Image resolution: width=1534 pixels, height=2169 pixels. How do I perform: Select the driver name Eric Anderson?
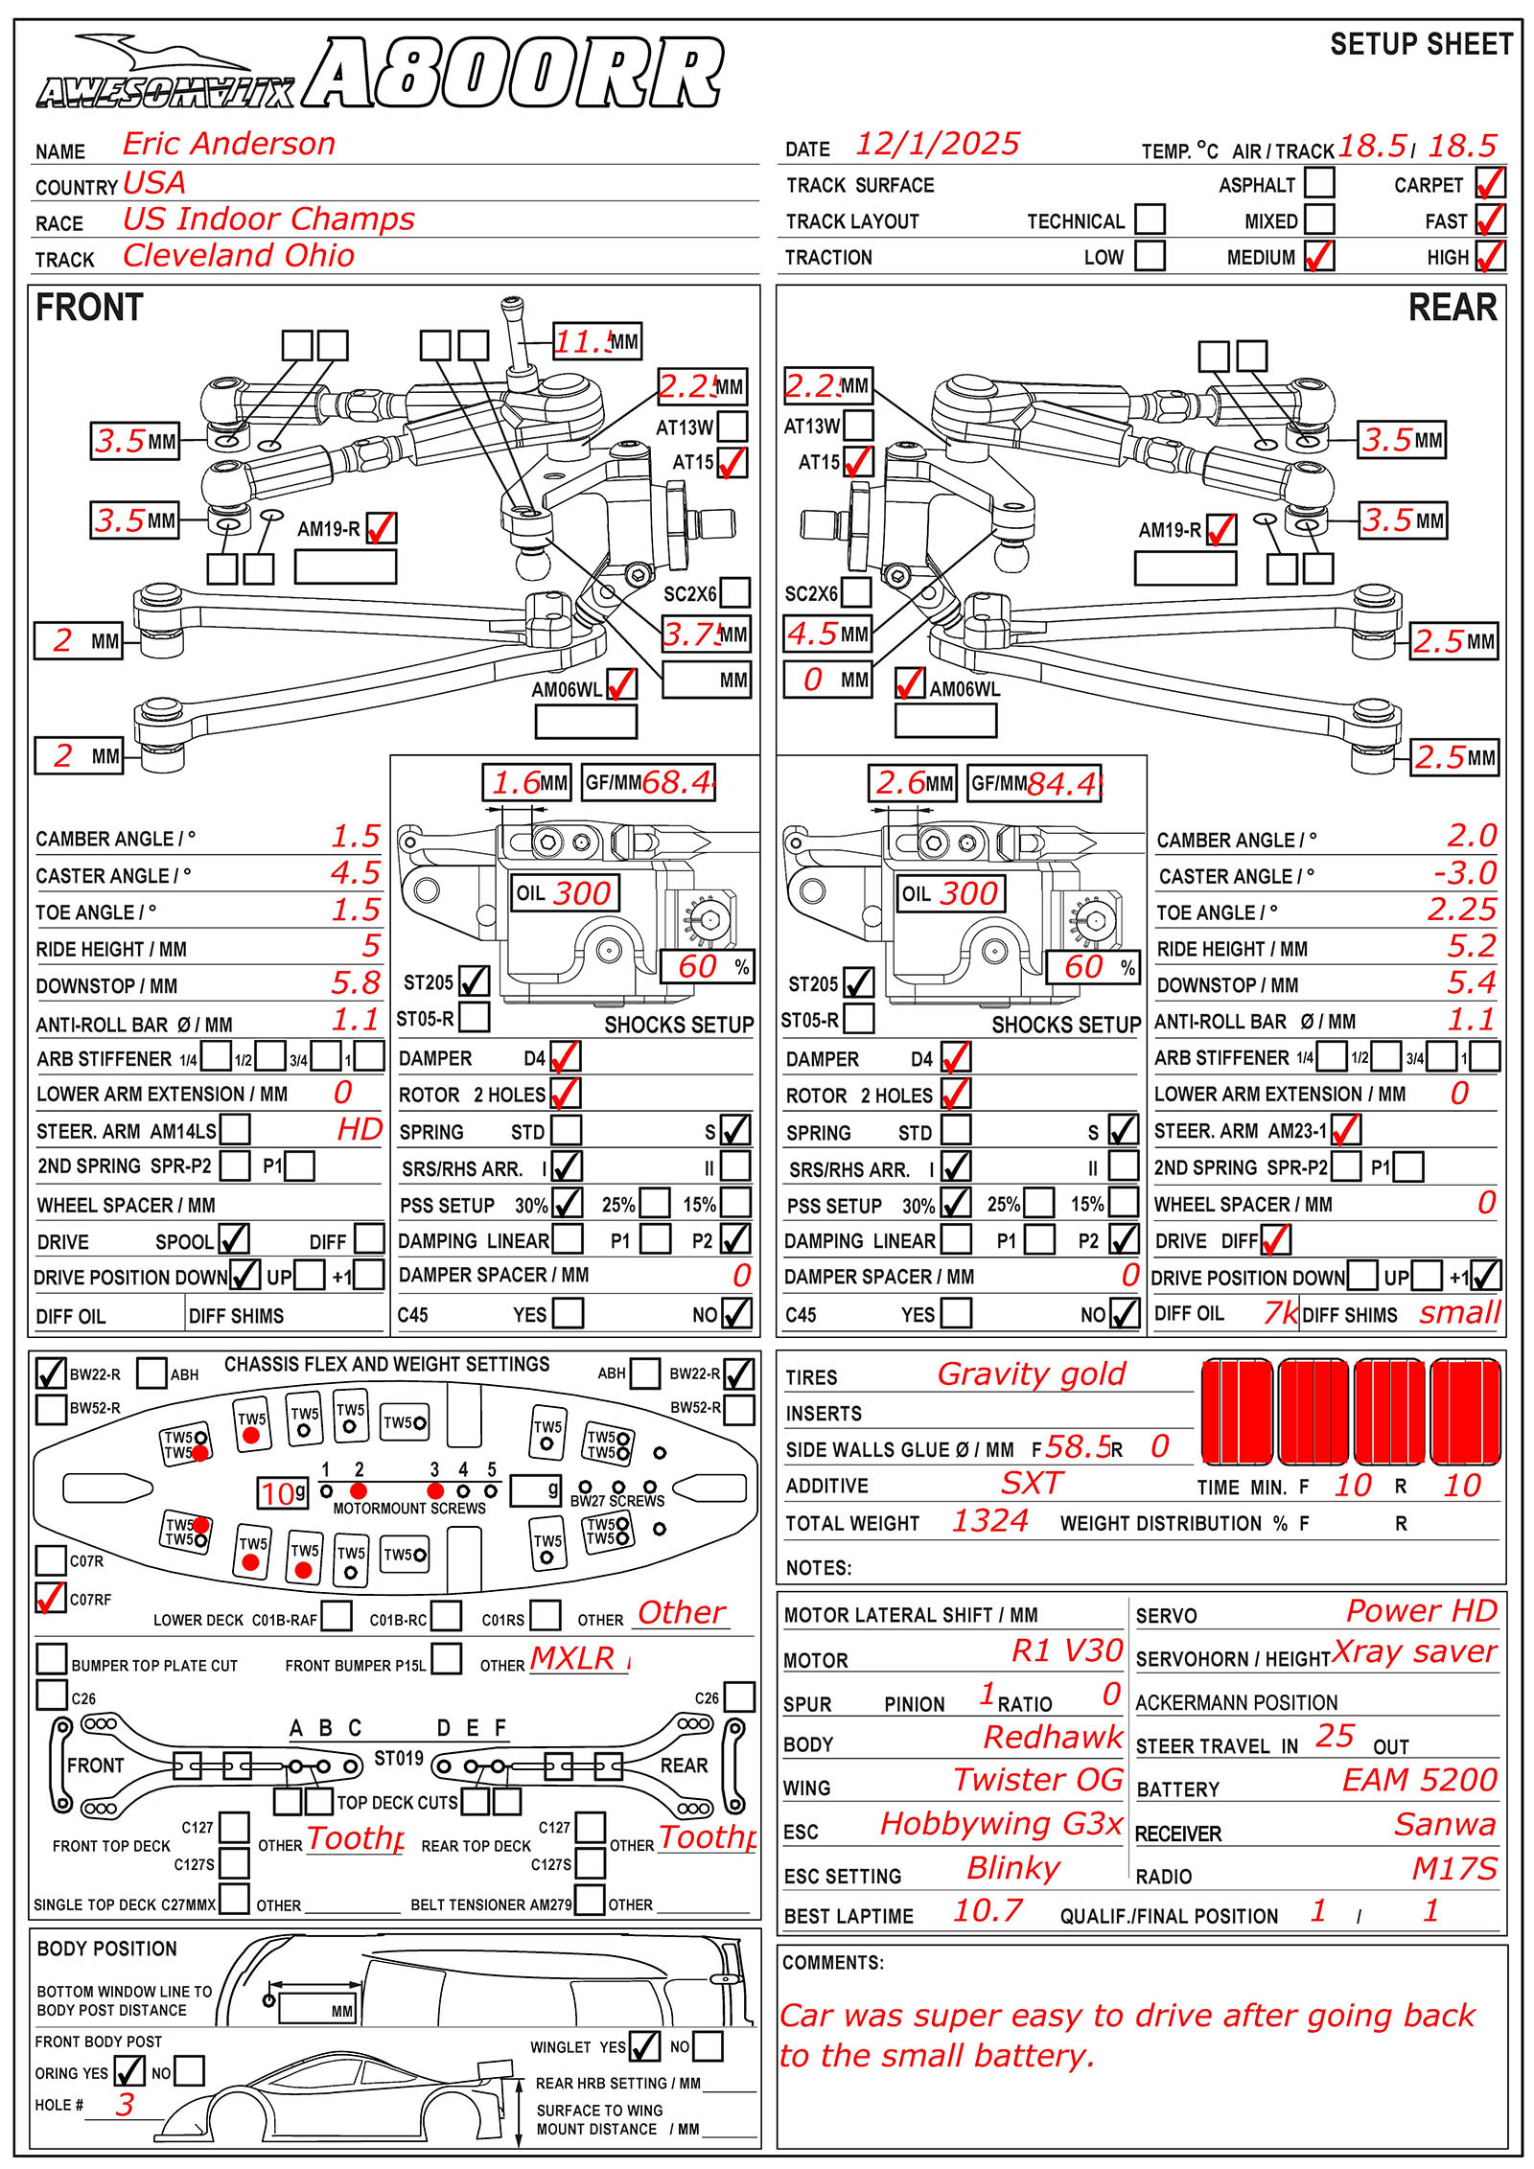(229, 144)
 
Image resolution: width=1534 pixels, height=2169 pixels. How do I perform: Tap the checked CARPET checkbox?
(1490, 182)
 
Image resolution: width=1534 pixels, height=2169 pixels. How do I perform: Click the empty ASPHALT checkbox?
(1319, 182)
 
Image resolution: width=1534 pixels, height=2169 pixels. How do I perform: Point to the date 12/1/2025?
(937, 144)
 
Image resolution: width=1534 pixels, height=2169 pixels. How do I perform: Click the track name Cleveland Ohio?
(239, 256)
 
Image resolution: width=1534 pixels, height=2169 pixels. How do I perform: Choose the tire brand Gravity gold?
(1031, 1374)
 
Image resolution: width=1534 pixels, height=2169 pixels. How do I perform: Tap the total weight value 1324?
(989, 1521)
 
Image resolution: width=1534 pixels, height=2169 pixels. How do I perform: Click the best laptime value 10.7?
(988, 1911)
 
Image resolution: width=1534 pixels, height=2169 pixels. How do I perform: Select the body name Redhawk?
(1053, 1737)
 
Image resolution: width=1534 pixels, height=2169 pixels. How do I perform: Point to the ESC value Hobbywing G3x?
(1001, 1824)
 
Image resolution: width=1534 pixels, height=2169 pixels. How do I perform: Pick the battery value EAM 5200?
(1419, 1780)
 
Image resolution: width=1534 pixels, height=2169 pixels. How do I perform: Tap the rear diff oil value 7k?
(1280, 1313)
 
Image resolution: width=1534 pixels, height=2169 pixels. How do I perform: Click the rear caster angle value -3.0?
(1464, 873)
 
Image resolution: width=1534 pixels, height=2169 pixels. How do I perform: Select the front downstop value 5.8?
(356, 982)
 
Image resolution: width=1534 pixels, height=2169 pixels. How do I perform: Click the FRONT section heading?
(89, 308)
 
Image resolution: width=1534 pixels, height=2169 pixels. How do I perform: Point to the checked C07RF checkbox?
(50, 1598)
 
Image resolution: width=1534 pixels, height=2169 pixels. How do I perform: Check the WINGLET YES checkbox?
(644, 2046)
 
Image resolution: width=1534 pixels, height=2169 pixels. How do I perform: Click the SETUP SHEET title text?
(1421, 44)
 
